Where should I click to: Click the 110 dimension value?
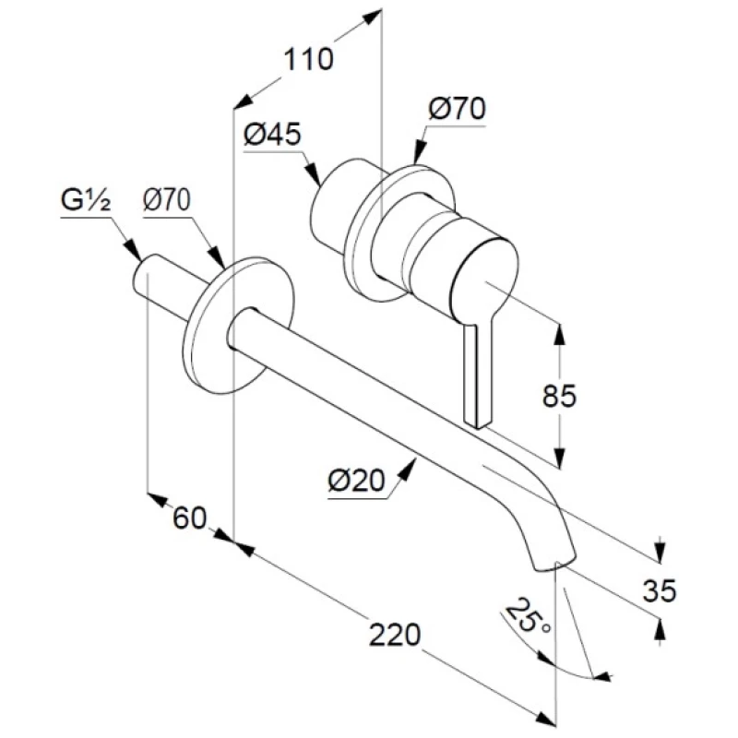pyautogui.click(x=307, y=61)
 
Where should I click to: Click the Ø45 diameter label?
pyautogui.click(x=273, y=135)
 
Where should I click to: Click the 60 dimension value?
pyautogui.click(x=189, y=518)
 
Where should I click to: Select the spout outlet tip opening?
pyautogui.click(x=555, y=564)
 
